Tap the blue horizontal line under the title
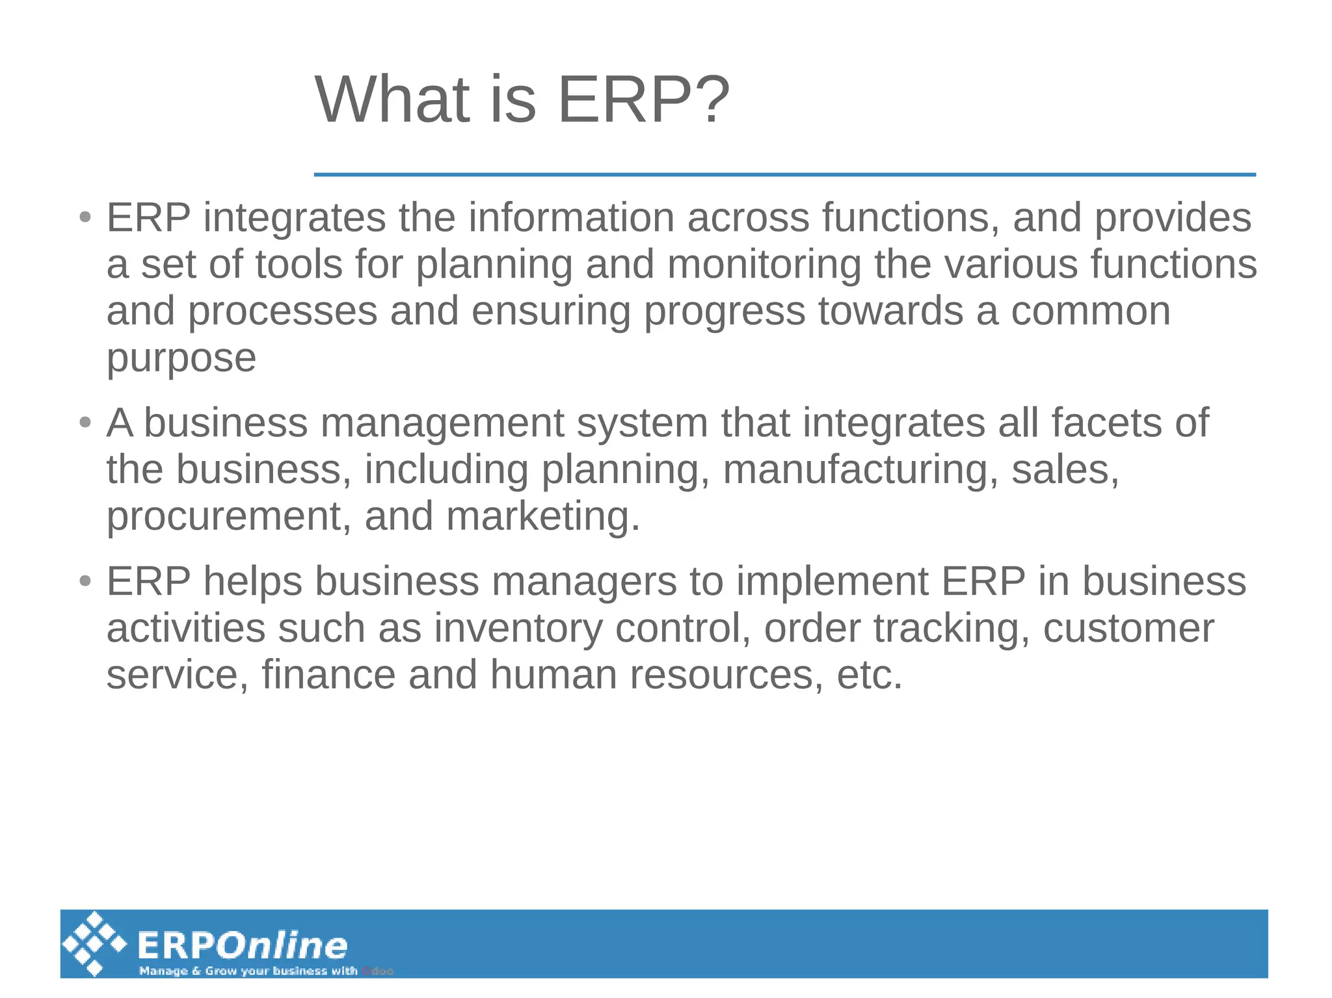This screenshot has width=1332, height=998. (784, 174)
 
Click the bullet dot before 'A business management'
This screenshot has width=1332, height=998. (85, 423)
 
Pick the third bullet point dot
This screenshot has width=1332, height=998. (85, 581)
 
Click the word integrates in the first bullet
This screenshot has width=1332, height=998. (294, 218)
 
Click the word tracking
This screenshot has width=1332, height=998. (951, 629)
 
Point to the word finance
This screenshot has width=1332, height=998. (328, 675)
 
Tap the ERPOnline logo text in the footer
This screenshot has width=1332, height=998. (242, 945)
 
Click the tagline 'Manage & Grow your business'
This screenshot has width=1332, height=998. (247, 971)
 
